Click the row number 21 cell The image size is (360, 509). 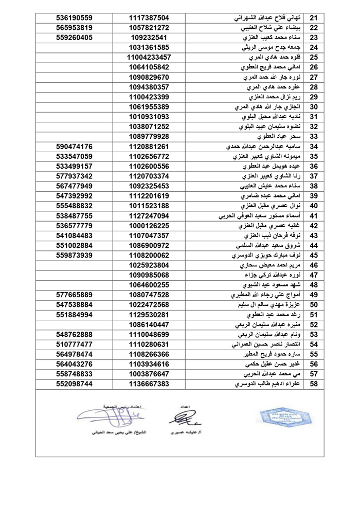314,18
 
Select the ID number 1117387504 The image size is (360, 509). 149,18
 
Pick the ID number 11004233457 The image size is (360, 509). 149,57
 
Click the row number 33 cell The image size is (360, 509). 314,136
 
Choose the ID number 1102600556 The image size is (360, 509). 149,166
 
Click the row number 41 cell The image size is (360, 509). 314,215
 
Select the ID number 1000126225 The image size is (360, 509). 149,225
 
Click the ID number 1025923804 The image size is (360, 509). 149,265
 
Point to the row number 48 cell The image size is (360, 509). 314,284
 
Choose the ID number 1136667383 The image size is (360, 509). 149,384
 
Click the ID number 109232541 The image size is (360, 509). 149,38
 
